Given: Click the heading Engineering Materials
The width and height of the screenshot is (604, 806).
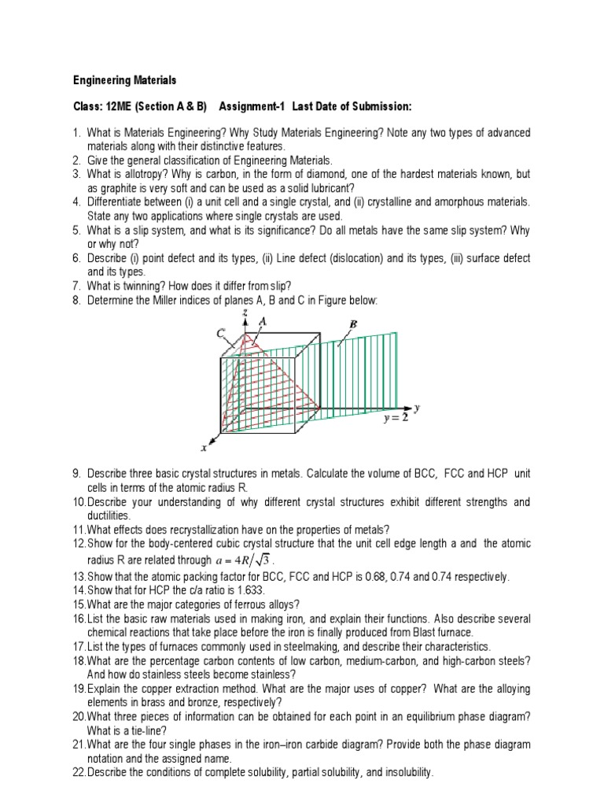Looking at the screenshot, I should coord(125,80).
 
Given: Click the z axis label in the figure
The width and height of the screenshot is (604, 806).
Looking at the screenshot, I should coord(246,313).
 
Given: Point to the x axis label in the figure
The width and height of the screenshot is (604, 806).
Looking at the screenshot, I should coord(203,448).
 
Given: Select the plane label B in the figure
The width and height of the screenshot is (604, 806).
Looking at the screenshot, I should coord(353,324).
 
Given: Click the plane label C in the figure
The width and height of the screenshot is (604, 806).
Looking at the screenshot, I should coord(222,334).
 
